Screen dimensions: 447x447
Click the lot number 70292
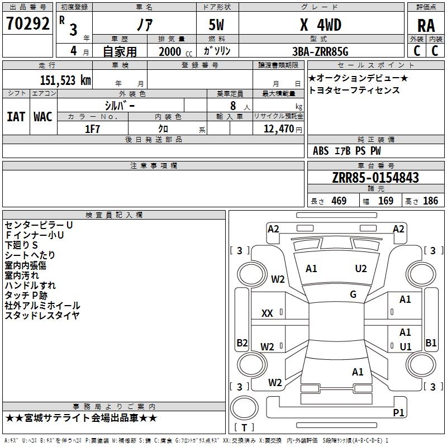tap(27, 23)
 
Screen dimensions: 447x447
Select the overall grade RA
tap(426, 26)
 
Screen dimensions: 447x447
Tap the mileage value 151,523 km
tap(65, 80)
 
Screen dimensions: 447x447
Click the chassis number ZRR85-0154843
tap(375, 178)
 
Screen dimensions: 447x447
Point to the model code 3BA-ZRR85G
tap(320, 51)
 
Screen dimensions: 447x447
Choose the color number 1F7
tap(92, 129)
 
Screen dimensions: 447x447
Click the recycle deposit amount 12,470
tap(278, 129)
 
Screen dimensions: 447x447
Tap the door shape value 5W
tap(216, 25)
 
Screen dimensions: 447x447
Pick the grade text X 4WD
tap(320, 25)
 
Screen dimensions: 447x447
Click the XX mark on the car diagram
tap(267, 313)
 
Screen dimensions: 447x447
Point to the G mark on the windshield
tap(353, 294)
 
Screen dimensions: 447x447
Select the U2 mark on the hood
tap(360, 269)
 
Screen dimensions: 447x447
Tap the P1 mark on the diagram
tap(398, 412)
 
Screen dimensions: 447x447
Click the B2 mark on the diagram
tap(242, 343)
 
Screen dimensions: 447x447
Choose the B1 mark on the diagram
tap(431, 343)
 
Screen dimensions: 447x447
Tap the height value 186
tap(430, 201)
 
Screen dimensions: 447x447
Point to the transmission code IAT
tap(16, 117)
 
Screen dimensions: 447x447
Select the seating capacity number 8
tap(233, 106)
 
